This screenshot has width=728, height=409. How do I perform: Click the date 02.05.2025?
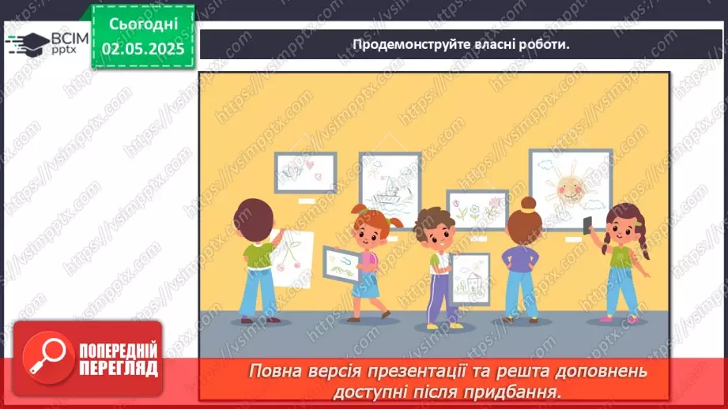coord(143,47)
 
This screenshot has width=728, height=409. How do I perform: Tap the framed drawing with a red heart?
coord(306,171)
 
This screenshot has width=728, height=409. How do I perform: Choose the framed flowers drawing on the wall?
coord(477,210)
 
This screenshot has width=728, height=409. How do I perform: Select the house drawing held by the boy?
coord(470,276)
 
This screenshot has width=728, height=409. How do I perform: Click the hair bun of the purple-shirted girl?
coord(527,203)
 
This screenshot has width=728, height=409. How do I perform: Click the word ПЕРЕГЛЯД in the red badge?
coord(119,368)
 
